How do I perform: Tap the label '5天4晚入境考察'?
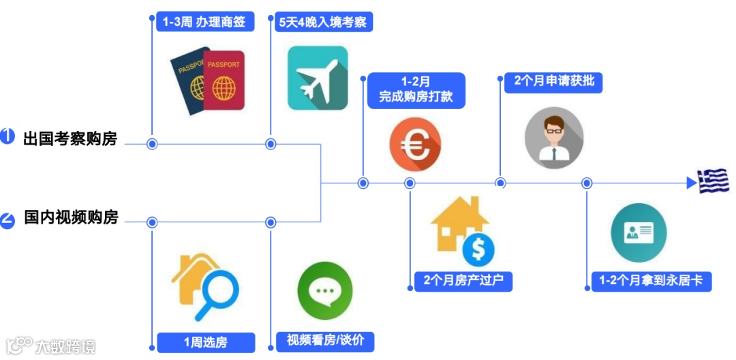pyautogui.click(x=322, y=22)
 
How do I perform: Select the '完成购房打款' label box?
pyautogui.click(x=416, y=90)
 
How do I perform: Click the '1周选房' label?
pyautogui.click(x=204, y=342)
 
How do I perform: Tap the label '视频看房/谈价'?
pyautogui.click(x=324, y=341)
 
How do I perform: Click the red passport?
pyautogui.click(x=224, y=80)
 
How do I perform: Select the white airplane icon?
pyautogui.click(x=318, y=78)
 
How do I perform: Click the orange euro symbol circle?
pyautogui.click(x=415, y=145)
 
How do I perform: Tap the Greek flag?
pyautogui.click(x=713, y=181)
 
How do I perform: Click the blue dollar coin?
pyautogui.click(x=478, y=250)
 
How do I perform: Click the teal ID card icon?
pyautogui.click(x=639, y=232)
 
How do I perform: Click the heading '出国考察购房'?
pyautogui.click(x=70, y=139)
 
